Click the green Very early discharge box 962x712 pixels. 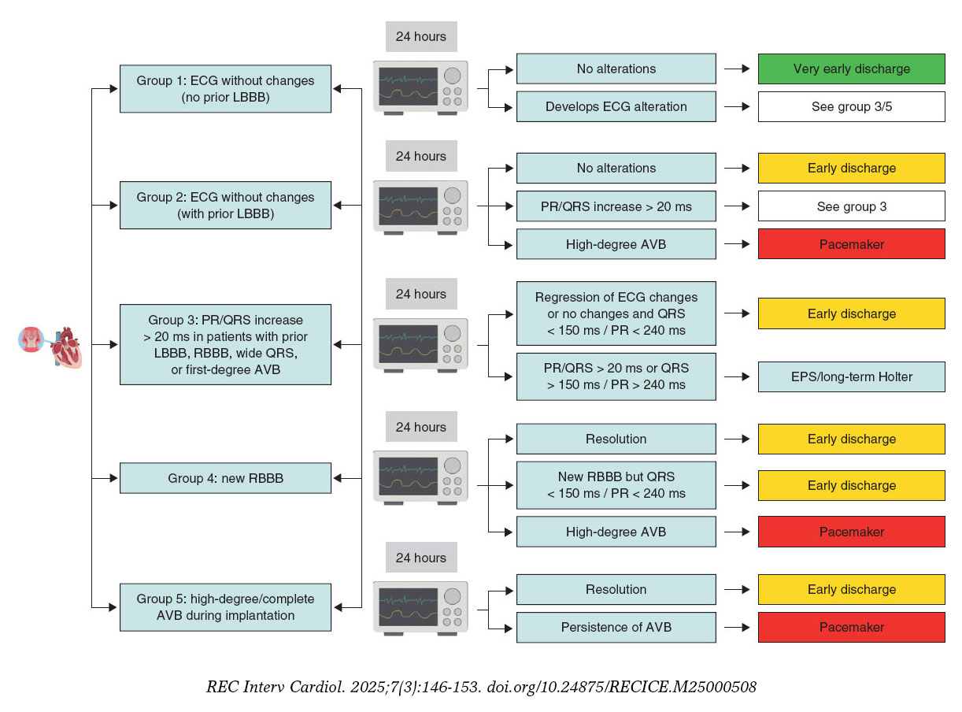[x=851, y=69]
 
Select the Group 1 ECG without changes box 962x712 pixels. [x=225, y=89]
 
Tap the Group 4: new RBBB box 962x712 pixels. [x=225, y=478]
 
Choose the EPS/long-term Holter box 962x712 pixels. [x=851, y=376]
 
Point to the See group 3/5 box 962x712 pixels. [x=851, y=106]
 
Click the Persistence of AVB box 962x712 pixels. [x=616, y=627]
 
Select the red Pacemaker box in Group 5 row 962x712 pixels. [x=851, y=627]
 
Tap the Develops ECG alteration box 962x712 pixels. [x=616, y=106]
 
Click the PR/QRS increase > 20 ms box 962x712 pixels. [x=616, y=206]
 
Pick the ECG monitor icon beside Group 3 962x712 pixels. [x=420, y=344]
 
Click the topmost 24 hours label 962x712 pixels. [x=420, y=36]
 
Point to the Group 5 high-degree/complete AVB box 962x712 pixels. [x=225, y=607]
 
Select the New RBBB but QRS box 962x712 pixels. [x=616, y=485]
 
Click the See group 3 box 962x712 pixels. [x=851, y=206]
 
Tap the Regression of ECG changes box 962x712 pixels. [x=616, y=313]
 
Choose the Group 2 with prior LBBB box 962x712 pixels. [x=225, y=206]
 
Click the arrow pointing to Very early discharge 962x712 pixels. [x=737, y=69]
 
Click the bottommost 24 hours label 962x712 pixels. [x=420, y=558]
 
